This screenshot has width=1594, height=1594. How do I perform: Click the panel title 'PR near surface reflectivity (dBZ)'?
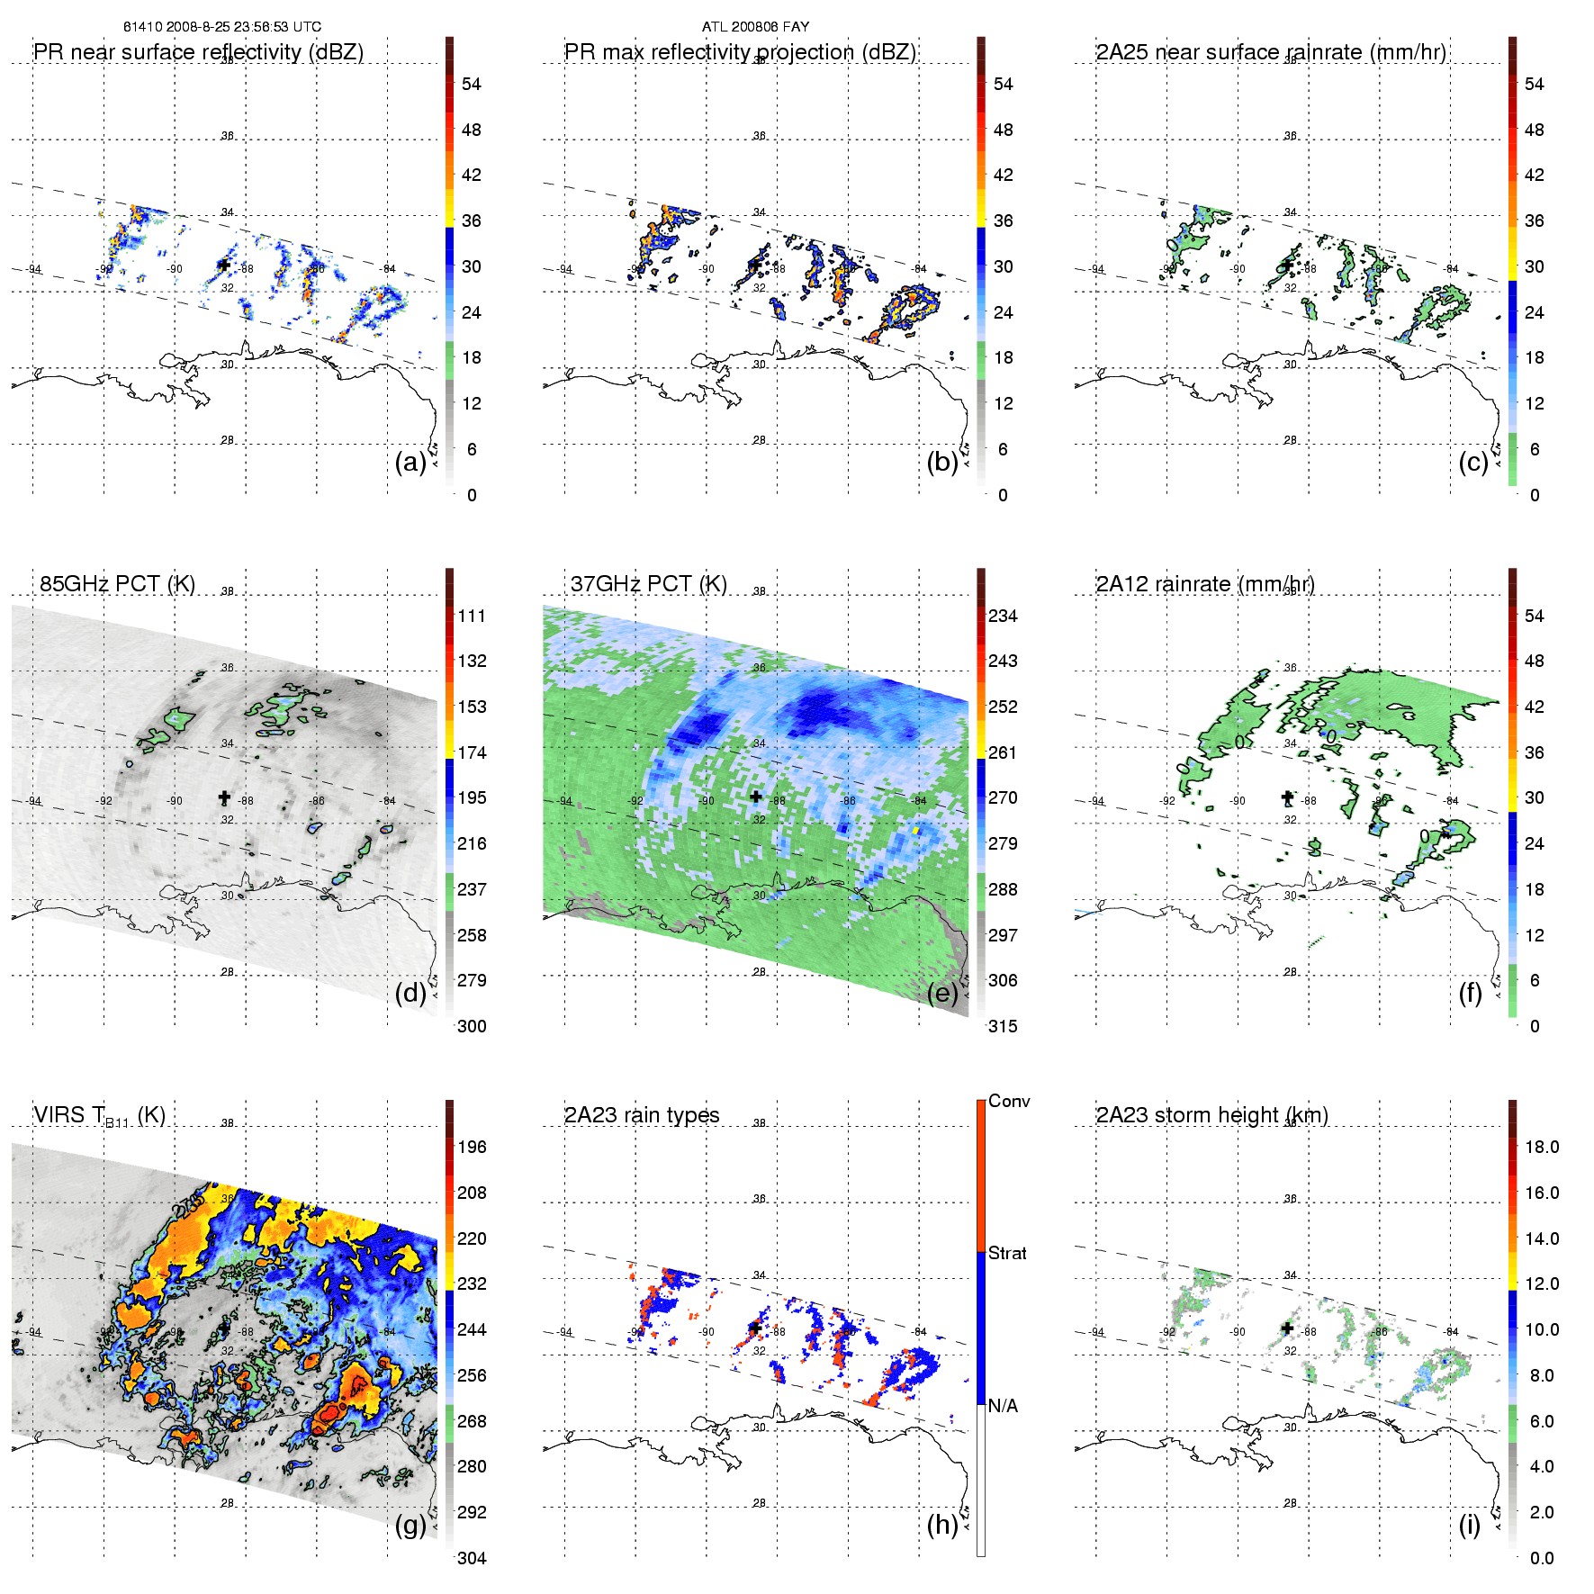coord(198,52)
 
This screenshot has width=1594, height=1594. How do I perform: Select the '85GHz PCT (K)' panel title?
coord(117,584)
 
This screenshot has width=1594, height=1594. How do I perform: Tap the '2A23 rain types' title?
coord(642,1115)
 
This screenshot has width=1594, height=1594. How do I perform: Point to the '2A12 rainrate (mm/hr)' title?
coord(1205,584)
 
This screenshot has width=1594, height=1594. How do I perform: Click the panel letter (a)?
coord(410,463)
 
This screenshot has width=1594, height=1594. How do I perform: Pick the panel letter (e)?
coord(942,994)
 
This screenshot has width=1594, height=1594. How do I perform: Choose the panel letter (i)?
coord(1470,1525)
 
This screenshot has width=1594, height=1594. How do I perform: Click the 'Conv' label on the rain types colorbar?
coord(1009,1101)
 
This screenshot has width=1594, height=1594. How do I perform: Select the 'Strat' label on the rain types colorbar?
coord(1007,1253)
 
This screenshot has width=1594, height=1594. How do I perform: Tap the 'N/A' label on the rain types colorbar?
coord(1003,1406)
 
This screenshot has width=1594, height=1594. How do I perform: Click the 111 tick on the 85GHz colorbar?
coord(472,616)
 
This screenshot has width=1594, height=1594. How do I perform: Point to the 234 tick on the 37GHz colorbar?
coord(1003,616)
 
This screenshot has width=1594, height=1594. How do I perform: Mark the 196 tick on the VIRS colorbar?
coord(472,1147)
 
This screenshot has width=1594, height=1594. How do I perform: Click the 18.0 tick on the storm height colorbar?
coord(1542,1147)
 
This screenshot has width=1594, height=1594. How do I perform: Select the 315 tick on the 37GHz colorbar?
coord(1003,1026)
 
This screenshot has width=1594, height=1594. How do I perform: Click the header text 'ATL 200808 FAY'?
coord(755,27)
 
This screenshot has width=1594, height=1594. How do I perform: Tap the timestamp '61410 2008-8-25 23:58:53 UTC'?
coord(222,27)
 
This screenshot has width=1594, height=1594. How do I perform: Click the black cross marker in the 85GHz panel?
coord(224,797)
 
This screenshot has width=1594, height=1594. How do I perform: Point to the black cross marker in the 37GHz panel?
coord(756,797)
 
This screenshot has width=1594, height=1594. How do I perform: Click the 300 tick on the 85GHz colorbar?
coord(472,1026)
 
